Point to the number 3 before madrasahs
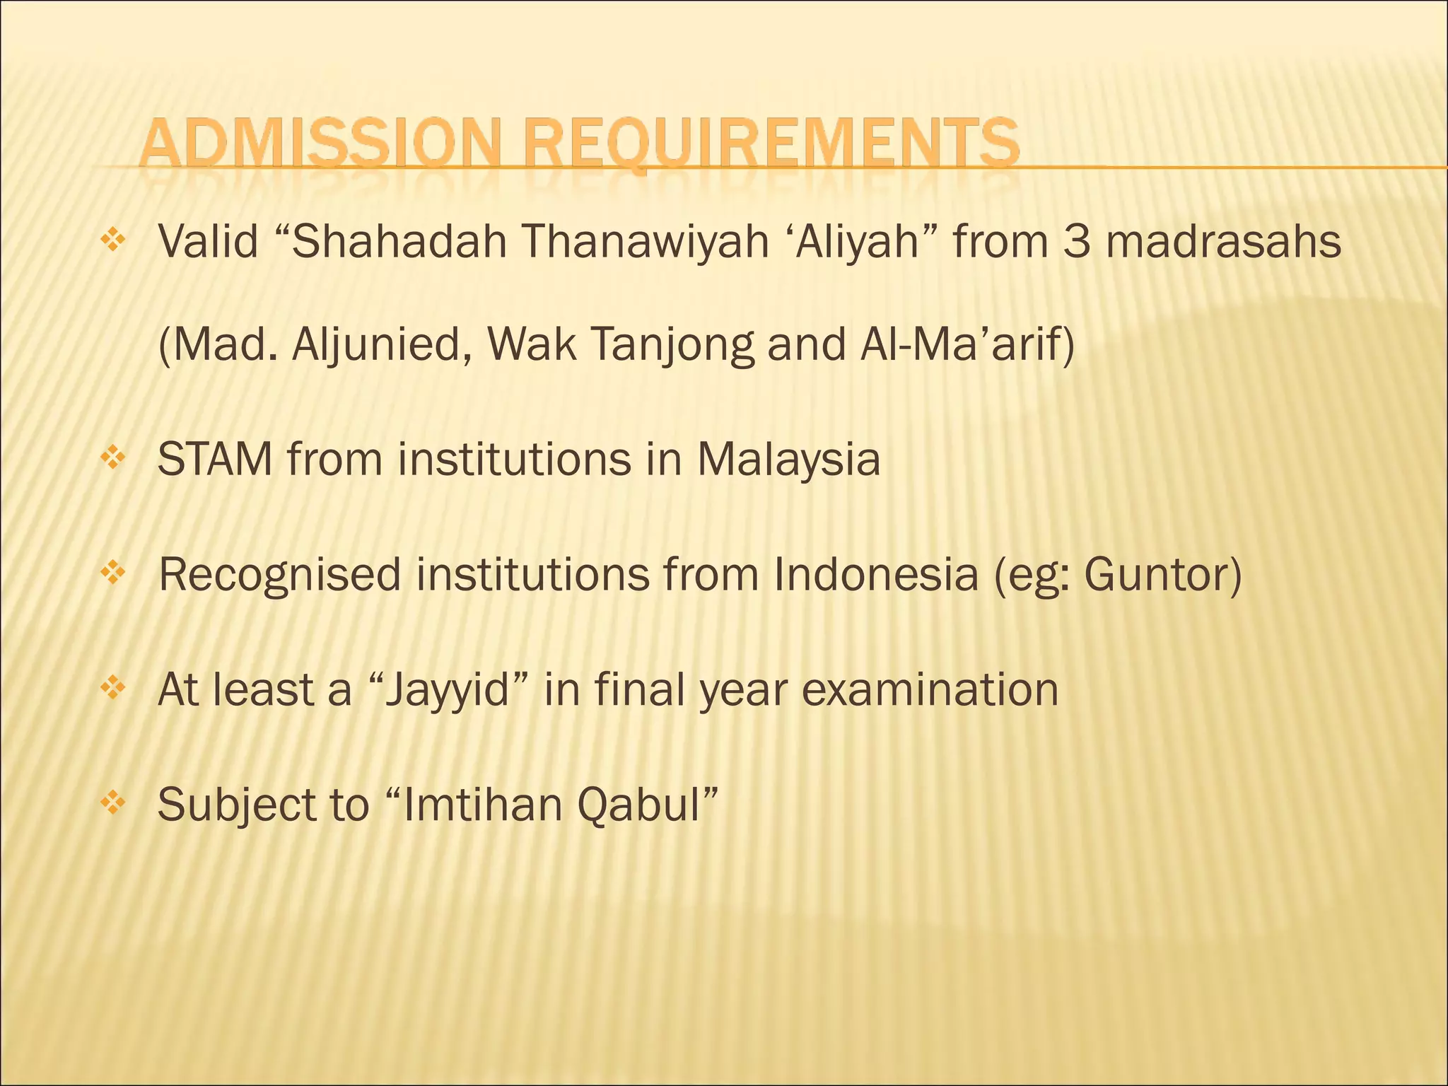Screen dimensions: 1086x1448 1075,242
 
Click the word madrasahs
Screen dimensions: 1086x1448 1223,242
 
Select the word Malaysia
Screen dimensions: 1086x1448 788,460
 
